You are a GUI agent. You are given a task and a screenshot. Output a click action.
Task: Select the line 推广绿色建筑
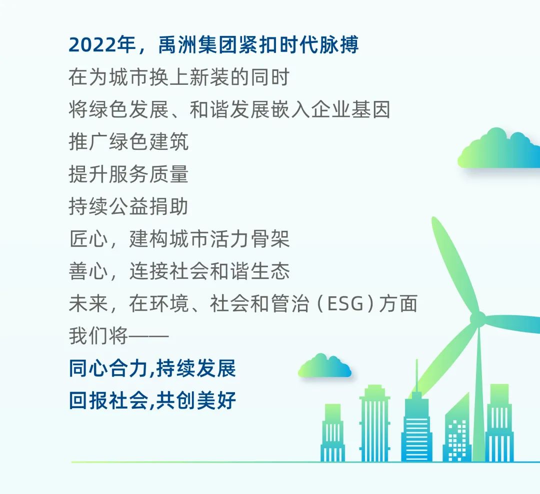129,142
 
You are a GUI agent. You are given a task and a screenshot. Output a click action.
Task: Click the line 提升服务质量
129,174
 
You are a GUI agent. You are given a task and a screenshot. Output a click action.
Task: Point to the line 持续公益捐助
129,206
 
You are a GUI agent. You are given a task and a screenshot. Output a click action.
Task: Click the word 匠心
89,239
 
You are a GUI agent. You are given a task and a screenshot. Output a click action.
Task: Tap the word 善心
89,271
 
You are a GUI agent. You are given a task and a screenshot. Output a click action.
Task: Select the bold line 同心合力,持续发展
152,369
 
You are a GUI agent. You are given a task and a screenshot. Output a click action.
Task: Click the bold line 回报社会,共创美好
152,401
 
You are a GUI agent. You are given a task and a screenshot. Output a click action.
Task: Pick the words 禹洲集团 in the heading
197,45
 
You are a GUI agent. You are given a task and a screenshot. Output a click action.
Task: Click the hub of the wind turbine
478,319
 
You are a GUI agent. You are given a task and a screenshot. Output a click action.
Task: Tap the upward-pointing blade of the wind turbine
454,265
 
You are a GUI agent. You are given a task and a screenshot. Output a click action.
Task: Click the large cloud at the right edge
498,148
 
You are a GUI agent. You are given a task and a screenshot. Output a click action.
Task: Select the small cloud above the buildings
325,365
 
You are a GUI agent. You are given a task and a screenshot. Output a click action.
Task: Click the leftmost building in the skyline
332,433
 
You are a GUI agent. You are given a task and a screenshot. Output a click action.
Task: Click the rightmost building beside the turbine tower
499,423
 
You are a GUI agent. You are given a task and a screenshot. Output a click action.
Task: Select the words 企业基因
351,110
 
